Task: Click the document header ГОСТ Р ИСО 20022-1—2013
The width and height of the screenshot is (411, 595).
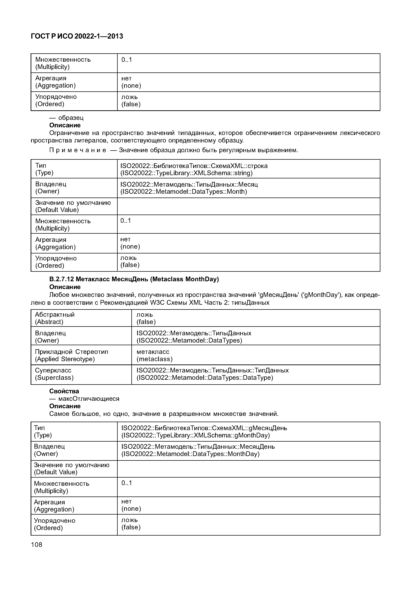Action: [x=77, y=36]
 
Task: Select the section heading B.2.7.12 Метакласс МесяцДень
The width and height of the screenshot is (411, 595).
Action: [x=134, y=279]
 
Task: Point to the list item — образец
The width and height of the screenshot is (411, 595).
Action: [x=66, y=118]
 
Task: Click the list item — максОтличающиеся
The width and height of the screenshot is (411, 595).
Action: [x=84, y=399]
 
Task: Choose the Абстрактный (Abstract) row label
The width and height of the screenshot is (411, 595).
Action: [x=55, y=318]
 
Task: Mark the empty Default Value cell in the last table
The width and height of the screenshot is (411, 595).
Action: [x=248, y=469]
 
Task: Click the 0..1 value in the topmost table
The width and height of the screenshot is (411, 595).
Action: [x=127, y=60]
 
